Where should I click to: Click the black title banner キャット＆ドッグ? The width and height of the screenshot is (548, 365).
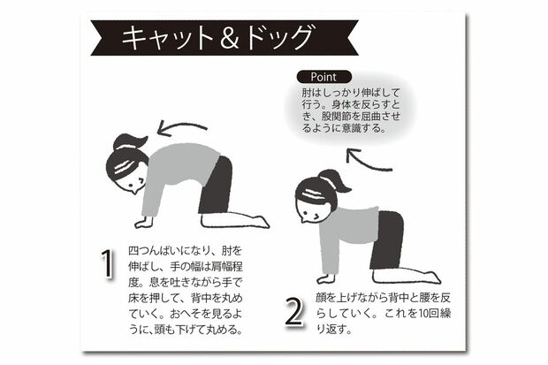click(225, 38)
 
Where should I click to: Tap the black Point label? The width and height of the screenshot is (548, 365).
click(324, 77)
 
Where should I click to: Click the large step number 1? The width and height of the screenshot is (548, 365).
click(108, 263)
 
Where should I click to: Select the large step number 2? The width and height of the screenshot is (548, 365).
click(294, 312)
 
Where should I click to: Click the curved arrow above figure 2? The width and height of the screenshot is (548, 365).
click(367, 162)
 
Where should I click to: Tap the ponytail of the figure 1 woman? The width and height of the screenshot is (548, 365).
click(130, 142)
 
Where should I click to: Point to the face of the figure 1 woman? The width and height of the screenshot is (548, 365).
click(132, 182)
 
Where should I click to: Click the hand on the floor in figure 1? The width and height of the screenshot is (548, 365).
click(144, 223)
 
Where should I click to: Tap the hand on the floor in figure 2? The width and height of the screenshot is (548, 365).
click(326, 278)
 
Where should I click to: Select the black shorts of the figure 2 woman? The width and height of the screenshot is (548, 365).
click(387, 240)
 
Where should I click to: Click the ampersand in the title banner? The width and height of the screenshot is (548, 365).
click(230, 38)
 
